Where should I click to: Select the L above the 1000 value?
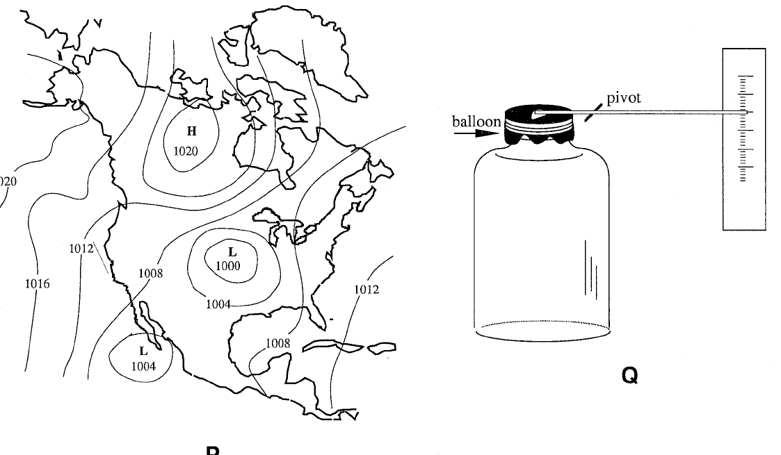tap(232, 252)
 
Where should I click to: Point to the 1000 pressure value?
tap(227, 265)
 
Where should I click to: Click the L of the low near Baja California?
tap(144, 351)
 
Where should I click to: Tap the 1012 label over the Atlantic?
tap(367, 289)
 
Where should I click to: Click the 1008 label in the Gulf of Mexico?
tap(278, 343)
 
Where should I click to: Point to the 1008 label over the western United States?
tap(150, 273)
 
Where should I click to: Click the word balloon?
tap(476, 122)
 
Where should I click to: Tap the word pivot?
tap(624, 98)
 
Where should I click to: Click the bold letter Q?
tap(629, 377)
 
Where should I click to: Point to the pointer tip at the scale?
tap(744, 112)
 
